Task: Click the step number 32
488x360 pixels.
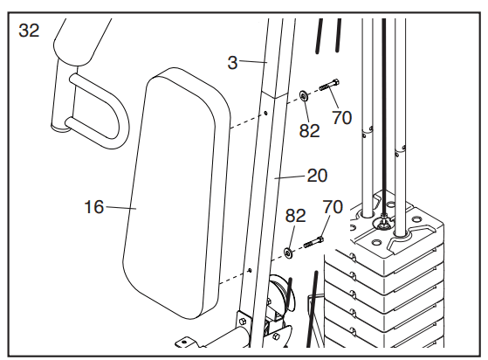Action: tap(29, 31)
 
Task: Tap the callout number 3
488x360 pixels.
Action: tap(232, 63)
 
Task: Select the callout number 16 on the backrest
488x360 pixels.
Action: tap(94, 207)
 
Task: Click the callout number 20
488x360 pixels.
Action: tap(317, 176)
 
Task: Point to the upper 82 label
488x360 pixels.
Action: tap(309, 131)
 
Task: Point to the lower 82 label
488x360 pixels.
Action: tap(296, 216)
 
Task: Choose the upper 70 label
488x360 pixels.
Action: tap(341, 118)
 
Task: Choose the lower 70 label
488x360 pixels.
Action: tap(333, 207)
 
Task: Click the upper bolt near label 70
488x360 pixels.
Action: tap(329, 85)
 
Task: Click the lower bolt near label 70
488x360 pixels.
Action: tap(313, 242)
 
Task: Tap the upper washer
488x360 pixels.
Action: tap(304, 95)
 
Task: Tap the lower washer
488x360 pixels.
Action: tap(287, 253)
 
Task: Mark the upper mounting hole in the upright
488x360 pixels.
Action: tap(265, 113)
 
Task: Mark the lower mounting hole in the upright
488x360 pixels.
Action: tap(250, 270)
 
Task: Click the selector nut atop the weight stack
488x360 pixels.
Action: tap(383, 222)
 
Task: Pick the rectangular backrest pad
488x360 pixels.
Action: tap(176, 193)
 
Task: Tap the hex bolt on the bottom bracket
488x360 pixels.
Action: tap(242, 321)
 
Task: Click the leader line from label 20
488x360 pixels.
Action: tap(290, 177)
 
